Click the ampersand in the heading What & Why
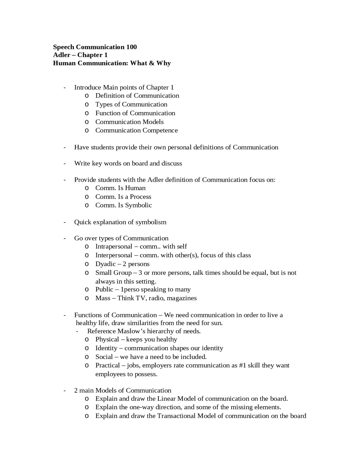point(151,63)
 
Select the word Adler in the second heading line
point(62,55)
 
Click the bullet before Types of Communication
point(87,104)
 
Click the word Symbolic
point(138,205)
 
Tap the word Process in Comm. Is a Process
point(140,197)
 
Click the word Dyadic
point(105,264)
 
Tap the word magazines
point(182,298)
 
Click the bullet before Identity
point(87,348)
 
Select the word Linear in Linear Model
point(166,398)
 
